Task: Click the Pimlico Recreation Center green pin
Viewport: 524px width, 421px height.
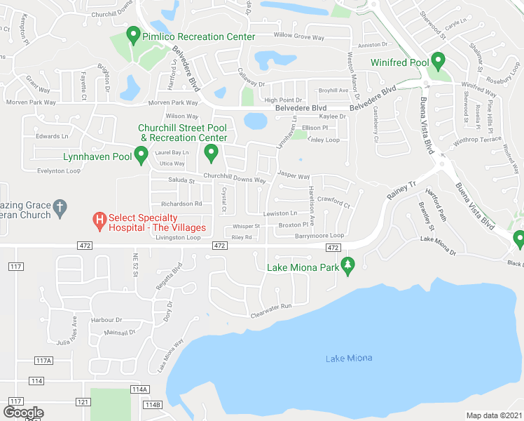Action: [134, 36]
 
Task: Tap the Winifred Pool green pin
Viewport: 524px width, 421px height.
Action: [439, 62]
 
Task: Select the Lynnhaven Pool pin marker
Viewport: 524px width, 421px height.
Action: [141, 155]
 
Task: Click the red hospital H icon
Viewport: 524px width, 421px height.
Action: [99, 222]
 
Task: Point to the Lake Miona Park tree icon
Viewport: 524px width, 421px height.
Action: [346, 265]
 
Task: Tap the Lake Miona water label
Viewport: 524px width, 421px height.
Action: [349, 359]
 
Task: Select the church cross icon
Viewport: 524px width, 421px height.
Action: [60, 207]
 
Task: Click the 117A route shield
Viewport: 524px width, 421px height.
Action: [43, 361]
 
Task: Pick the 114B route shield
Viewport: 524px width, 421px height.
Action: [152, 404]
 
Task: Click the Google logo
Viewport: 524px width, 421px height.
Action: [23, 413]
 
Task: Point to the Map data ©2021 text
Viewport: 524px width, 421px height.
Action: [494, 415]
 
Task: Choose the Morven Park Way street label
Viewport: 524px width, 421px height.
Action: [34, 102]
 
